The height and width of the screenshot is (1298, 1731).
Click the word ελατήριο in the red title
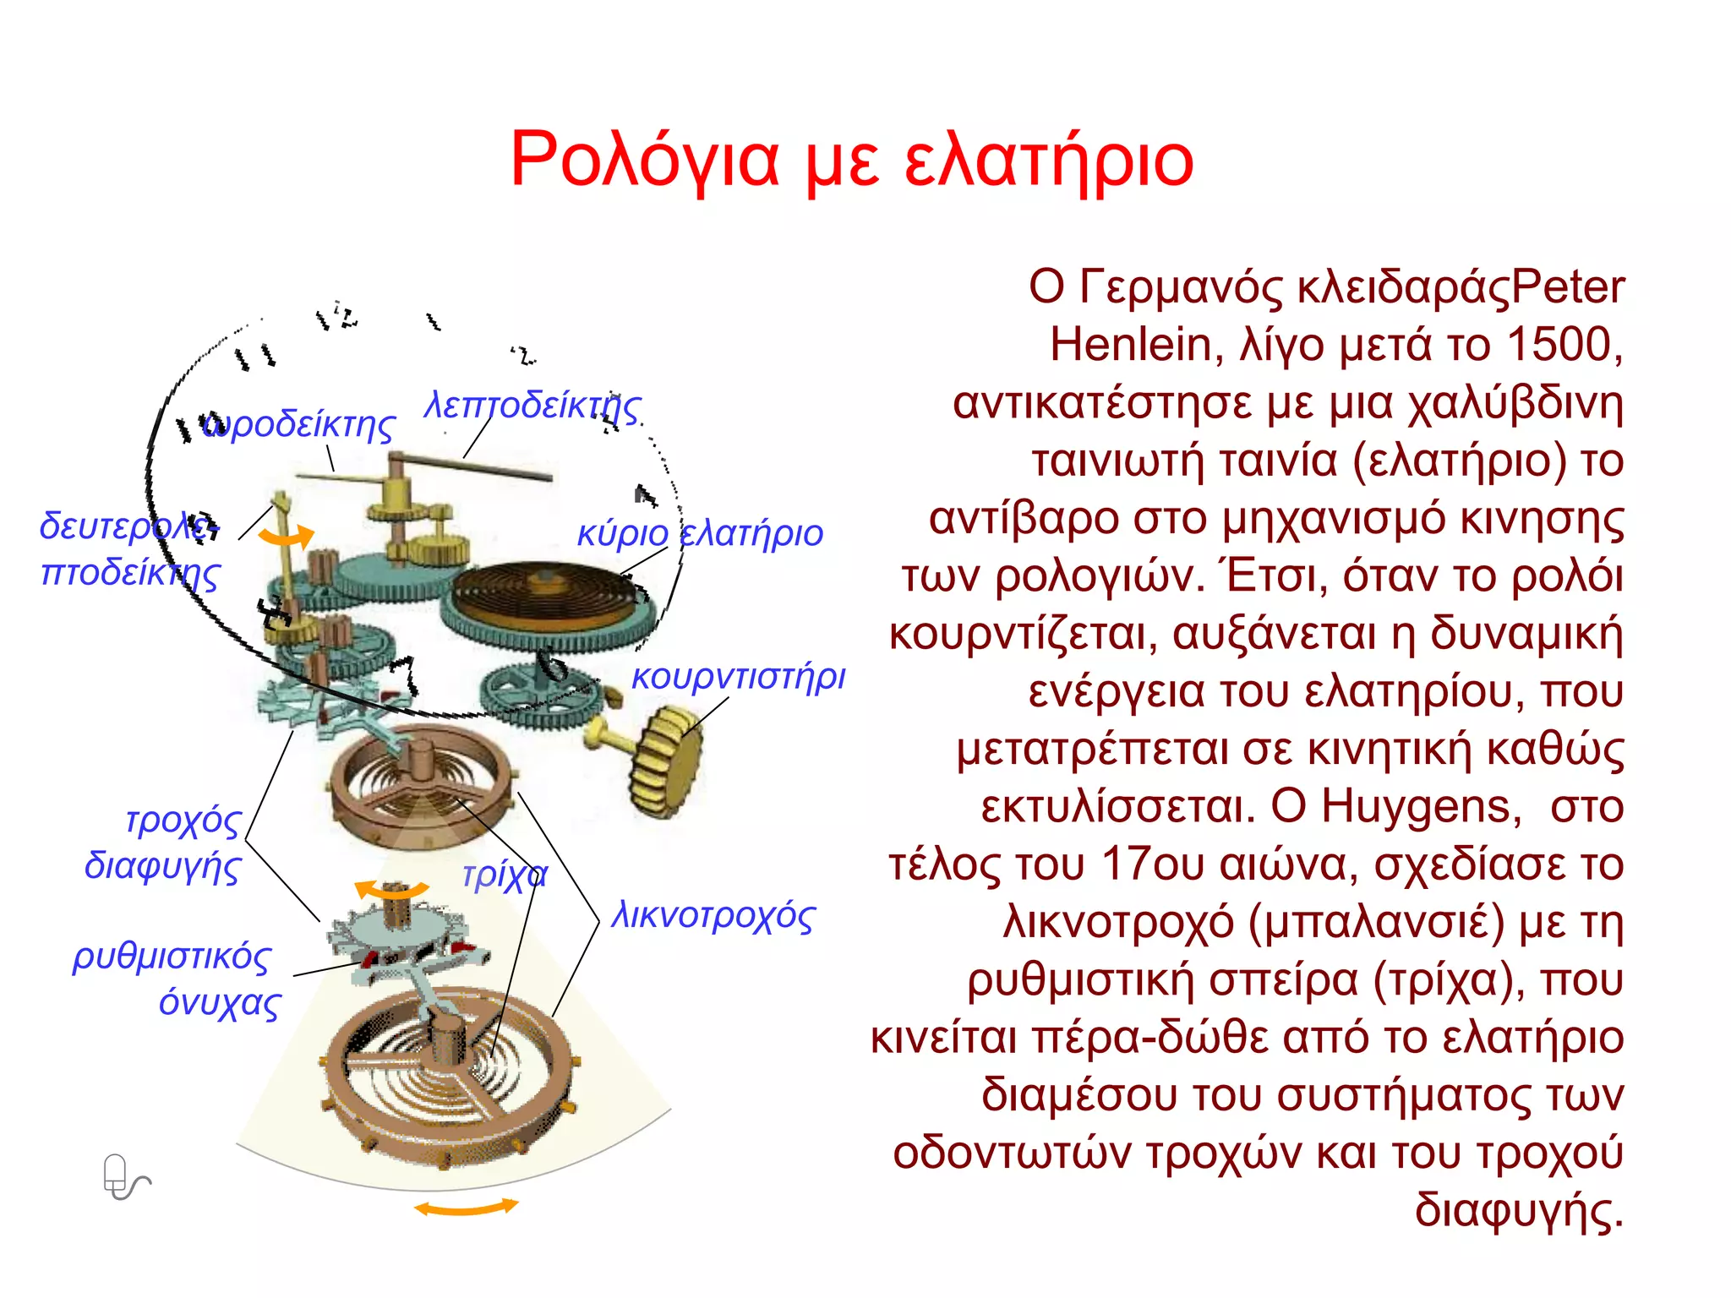1048,161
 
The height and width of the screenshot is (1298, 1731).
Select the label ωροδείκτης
300,424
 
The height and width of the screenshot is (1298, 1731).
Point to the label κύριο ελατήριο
700,534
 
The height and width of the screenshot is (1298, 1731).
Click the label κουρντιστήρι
738,677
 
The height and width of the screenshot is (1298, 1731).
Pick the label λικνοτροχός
713,916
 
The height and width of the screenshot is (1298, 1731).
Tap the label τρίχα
505,875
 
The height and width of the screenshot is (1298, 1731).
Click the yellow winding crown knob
665,761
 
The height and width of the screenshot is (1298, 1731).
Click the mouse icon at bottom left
121,1176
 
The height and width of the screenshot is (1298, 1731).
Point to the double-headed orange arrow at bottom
466,1208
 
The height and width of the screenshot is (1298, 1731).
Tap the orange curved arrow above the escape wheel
390,889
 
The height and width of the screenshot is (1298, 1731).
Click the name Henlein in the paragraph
1131,345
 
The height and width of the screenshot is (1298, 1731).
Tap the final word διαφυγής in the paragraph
1518,1210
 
